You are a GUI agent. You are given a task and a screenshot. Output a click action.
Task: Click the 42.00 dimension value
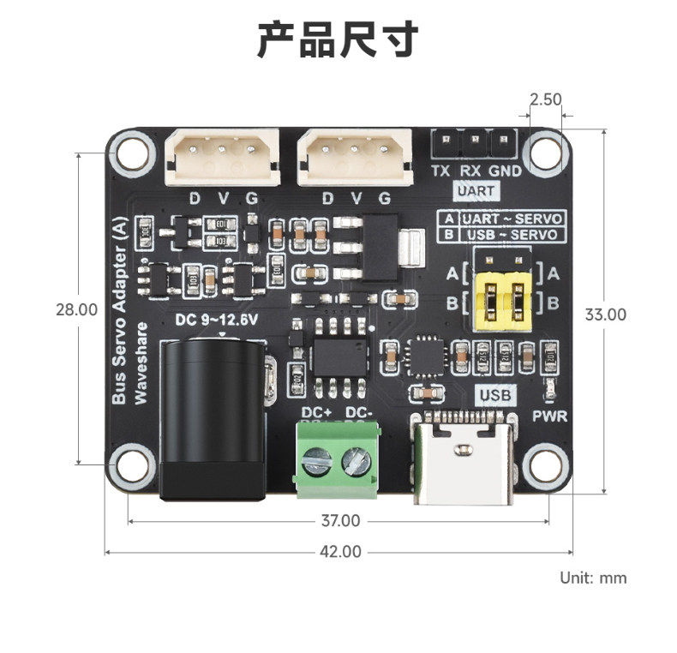tap(340, 552)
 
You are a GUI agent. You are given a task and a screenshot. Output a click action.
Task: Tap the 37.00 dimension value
tap(340, 520)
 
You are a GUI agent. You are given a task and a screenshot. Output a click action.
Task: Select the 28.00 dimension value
tap(76, 309)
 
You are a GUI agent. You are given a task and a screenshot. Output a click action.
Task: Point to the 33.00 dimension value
tap(606, 315)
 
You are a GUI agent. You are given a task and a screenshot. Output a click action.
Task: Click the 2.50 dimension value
tap(545, 99)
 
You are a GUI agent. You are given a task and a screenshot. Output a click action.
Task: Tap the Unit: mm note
tap(593, 578)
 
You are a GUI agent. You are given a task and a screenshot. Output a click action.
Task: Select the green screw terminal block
tap(335, 460)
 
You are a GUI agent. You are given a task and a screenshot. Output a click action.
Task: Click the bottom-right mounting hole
tap(545, 464)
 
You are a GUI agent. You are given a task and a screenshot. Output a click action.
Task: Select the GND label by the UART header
tap(506, 171)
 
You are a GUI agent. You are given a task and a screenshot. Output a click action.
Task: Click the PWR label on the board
tap(550, 417)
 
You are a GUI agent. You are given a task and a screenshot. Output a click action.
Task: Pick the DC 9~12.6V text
tap(216, 321)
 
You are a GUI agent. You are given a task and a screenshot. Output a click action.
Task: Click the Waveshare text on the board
tap(142, 362)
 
